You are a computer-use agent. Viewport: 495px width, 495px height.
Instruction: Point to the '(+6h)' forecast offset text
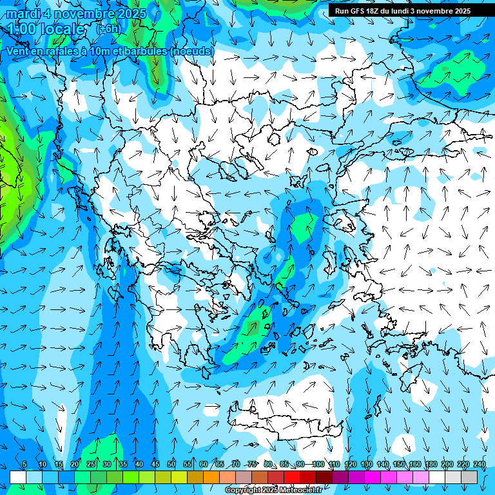108,29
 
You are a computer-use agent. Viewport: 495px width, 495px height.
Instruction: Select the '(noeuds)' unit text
191,51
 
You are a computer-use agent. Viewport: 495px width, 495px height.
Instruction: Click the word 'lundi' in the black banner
411,11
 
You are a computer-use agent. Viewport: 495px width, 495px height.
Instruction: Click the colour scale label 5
24,465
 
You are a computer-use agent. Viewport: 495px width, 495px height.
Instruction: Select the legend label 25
90,465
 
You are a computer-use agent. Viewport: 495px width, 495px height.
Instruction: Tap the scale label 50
171,465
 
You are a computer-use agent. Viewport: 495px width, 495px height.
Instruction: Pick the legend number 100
318,465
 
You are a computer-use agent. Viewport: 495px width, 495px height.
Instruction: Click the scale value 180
431,465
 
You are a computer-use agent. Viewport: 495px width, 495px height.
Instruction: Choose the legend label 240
480,465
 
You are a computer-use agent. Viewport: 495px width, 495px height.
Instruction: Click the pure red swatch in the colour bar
292,477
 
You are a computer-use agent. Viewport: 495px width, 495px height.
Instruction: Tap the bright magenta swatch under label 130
373,477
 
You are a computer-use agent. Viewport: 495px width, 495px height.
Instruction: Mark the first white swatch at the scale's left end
18,477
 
